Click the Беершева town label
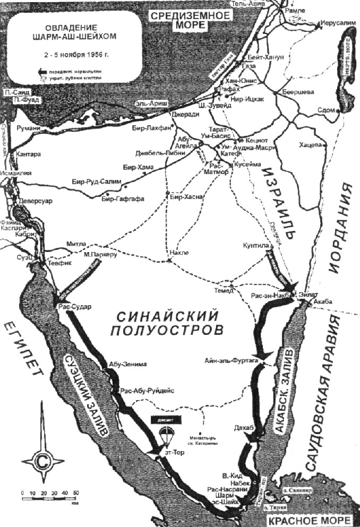(x=299, y=92)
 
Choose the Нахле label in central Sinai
(x=178, y=253)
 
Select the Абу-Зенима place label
(x=123, y=365)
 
